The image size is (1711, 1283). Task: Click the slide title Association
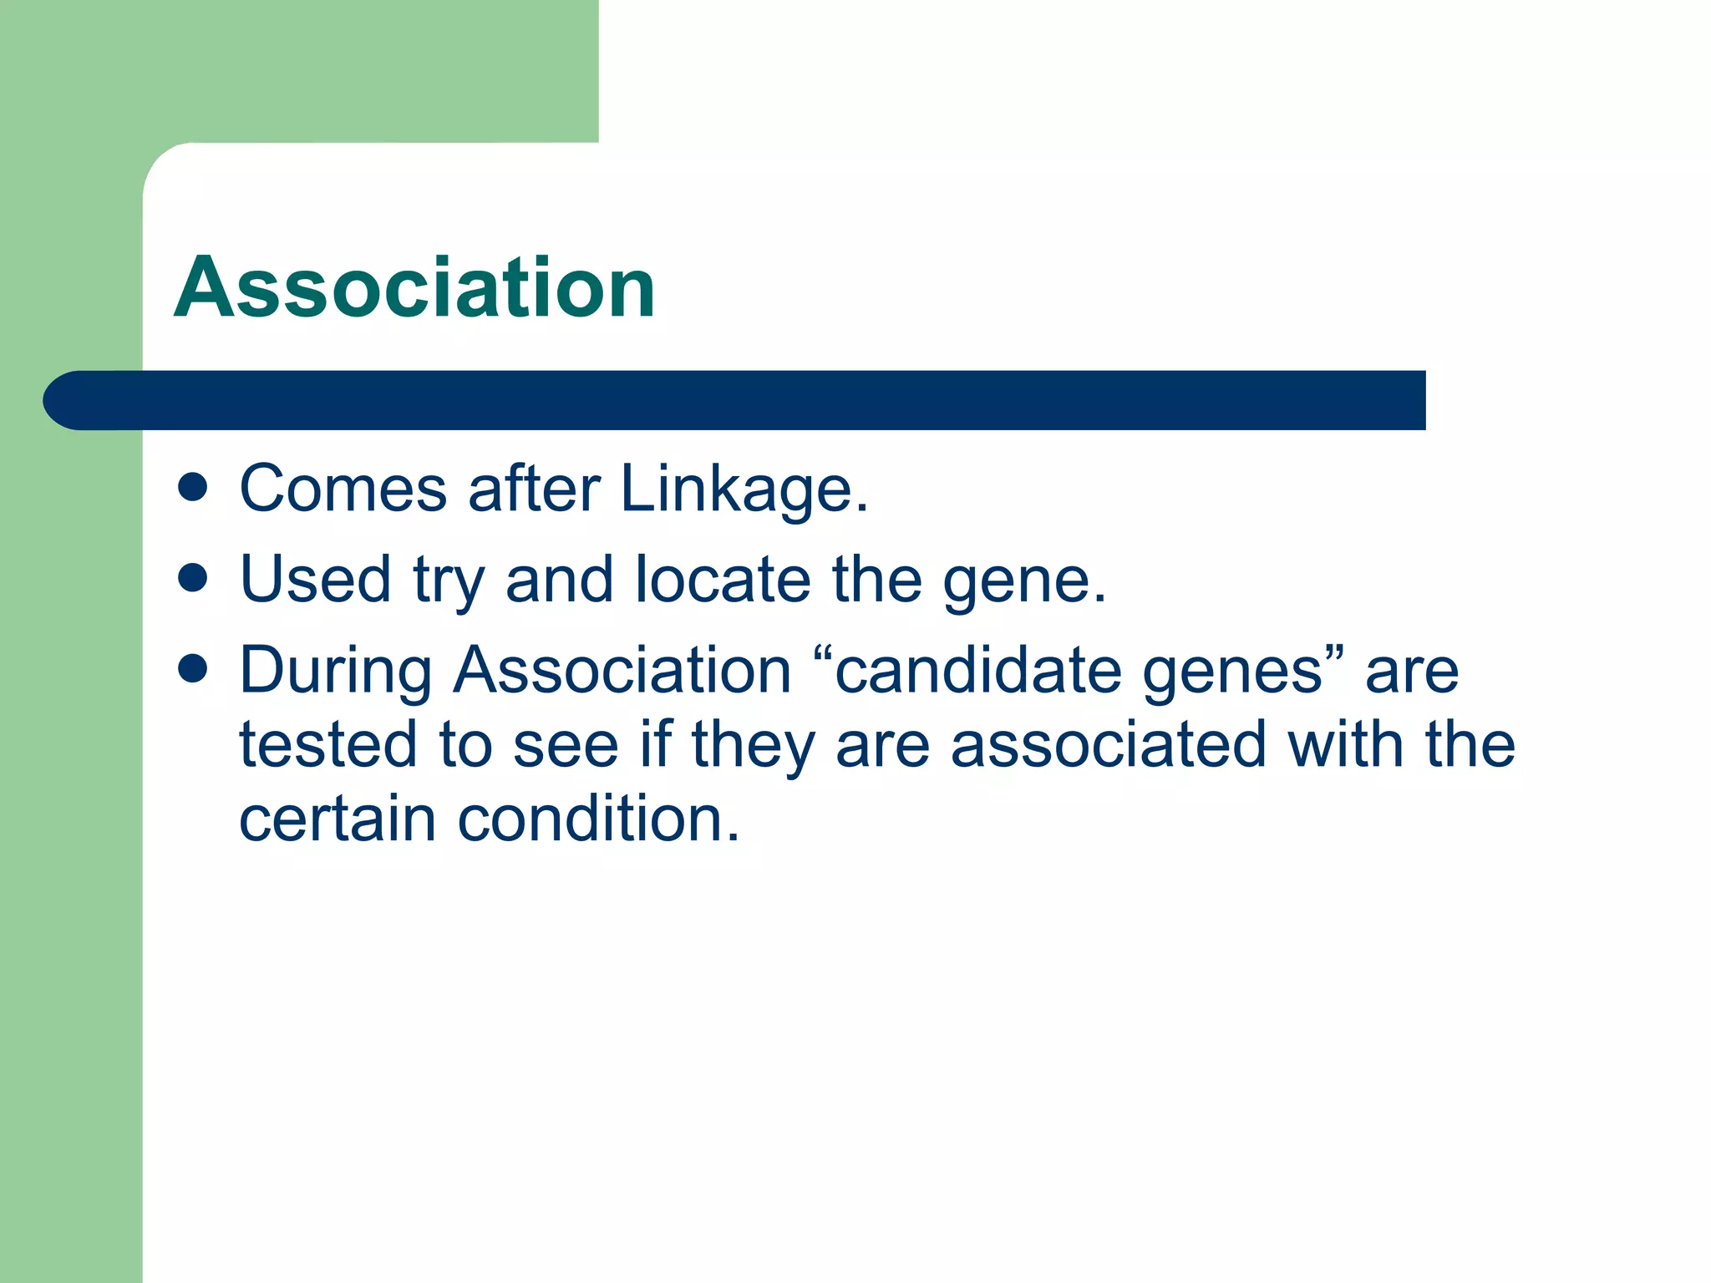pyautogui.click(x=414, y=288)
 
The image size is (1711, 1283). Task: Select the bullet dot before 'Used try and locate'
pyautogui.click(x=193, y=577)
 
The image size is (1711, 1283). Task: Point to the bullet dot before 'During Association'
pyautogui.click(x=193, y=668)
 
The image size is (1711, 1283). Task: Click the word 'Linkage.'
pyautogui.click(x=744, y=489)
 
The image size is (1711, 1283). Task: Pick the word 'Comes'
pyautogui.click(x=343, y=489)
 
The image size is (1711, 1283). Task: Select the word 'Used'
pyautogui.click(x=315, y=580)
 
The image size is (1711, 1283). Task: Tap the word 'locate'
pyautogui.click(x=723, y=580)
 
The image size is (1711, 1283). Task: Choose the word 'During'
pyautogui.click(x=336, y=672)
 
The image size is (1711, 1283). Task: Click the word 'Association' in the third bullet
pyautogui.click(x=622, y=671)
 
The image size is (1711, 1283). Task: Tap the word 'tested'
pyautogui.click(x=327, y=745)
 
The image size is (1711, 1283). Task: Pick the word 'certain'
pyautogui.click(x=338, y=819)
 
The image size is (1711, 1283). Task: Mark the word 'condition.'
pyautogui.click(x=599, y=819)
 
